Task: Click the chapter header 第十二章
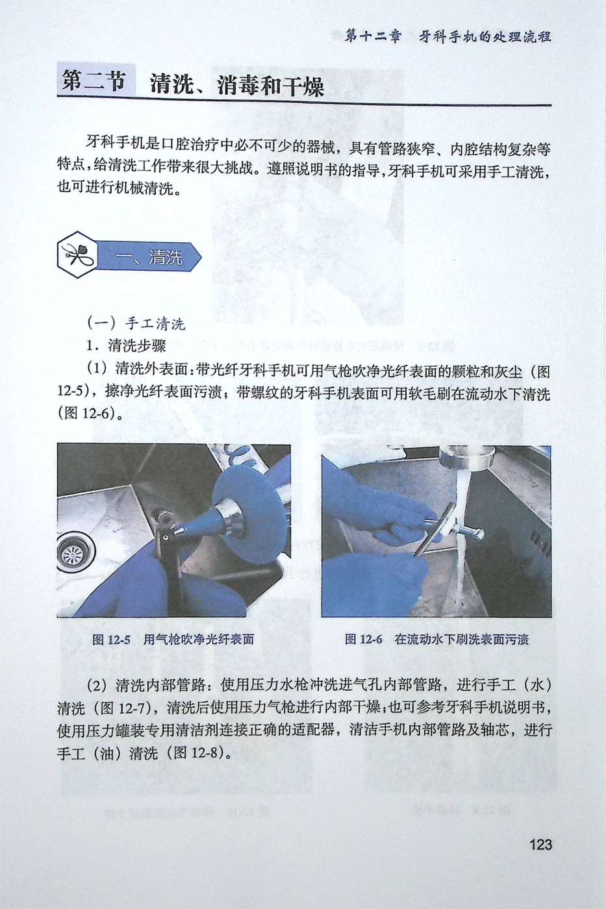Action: (x=372, y=37)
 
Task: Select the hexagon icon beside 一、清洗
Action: (x=77, y=255)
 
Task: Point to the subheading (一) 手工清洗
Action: (x=136, y=323)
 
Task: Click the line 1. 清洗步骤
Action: (x=126, y=345)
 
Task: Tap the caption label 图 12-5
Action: (x=111, y=640)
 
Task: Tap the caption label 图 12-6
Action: (x=363, y=640)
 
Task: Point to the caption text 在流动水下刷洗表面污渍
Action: (x=462, y=640)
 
